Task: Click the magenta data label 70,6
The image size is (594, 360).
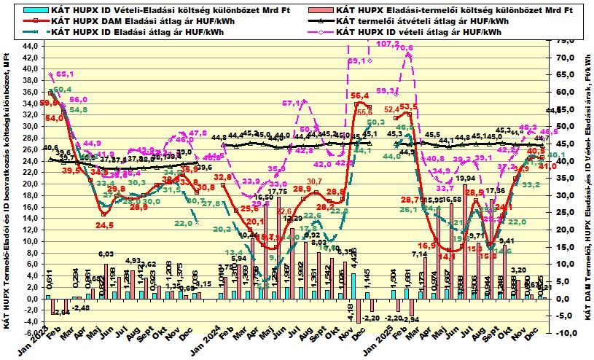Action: point(405,49)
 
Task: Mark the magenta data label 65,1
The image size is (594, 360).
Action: point(65,74)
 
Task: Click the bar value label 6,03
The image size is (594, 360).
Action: point(106,254)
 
